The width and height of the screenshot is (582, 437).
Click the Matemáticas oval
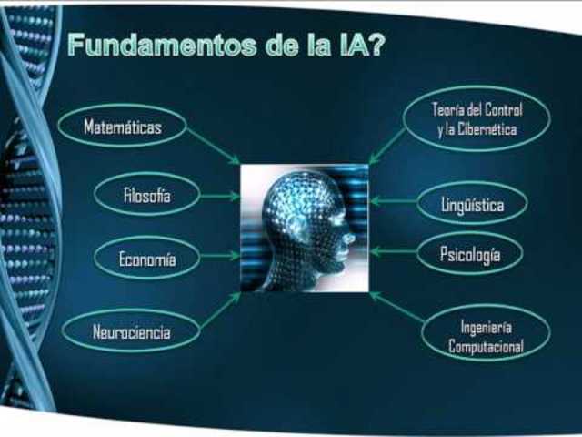(122, 127)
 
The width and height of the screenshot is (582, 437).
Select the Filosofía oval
(146, 194)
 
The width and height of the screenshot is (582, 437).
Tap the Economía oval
(146, 259)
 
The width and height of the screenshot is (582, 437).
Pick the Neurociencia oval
(131, 332)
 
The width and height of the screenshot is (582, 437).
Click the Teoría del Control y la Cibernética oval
(477, 120)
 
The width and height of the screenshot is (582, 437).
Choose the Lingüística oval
(472, 205)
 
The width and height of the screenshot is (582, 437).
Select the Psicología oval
(470, 255)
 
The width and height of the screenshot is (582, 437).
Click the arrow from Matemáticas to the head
(212, 146)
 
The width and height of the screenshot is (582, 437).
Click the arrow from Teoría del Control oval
(389, 146)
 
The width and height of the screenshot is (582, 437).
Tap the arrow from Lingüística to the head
(393, 201)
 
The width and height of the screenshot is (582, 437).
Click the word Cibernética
(487, 130)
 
